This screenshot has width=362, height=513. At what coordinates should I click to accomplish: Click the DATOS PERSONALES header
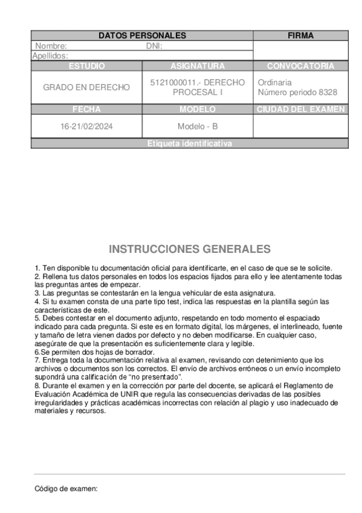tap(142, 36)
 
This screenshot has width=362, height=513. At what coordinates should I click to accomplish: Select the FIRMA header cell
tap(300, 36)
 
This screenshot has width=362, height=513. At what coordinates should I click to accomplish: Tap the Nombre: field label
tap(51, 46)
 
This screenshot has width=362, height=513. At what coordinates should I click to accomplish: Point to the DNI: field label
tap(155, 46)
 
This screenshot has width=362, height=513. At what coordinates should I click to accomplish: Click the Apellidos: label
tap(50, 55)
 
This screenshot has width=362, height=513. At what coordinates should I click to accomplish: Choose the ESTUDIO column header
tap(86, 66)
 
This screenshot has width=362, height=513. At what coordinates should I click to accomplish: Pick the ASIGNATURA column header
tap(198, 66)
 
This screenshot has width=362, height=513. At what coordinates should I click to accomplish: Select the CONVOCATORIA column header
tap(300, 66)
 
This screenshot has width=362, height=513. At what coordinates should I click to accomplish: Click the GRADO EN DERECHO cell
tap(86, 87)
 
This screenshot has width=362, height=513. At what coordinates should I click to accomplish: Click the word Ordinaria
tap(274, 82)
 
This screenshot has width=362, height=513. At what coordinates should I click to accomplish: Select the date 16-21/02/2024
tap(86, 127)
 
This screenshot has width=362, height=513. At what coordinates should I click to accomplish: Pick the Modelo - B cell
tap(198, 127)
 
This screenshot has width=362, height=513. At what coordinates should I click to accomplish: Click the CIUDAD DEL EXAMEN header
tap(300, 109)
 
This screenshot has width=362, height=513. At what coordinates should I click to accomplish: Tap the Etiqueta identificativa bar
tap(189, 144)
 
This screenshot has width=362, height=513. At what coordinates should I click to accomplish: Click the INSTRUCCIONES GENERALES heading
tap(190, 249)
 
